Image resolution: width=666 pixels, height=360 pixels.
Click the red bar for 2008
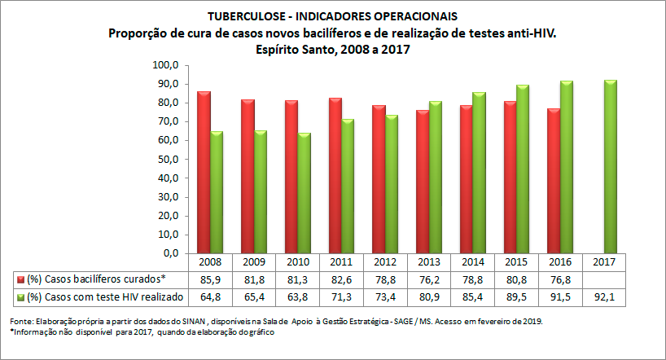204,172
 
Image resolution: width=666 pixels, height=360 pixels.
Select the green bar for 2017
610,166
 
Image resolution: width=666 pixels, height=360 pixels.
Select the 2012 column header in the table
385,263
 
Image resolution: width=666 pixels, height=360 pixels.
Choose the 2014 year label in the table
473,263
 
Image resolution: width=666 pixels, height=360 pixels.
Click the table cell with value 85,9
210,279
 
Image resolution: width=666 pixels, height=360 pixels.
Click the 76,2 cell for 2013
429,279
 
